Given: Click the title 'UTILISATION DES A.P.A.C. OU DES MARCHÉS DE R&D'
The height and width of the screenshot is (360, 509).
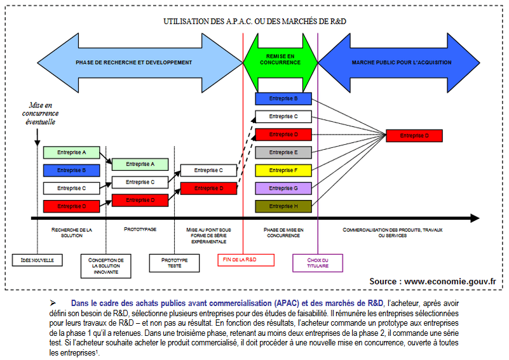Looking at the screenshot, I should (x=254, y=21).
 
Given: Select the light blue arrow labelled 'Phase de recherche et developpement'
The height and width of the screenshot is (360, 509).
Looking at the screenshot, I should (x=133, y=62).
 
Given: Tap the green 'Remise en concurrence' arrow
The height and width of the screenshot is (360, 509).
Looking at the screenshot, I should (x=280, y=60).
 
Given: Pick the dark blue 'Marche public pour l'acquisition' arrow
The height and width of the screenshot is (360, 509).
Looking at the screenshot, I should (x=402, y=62).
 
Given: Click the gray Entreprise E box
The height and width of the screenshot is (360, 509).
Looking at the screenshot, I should (x=283, y=152).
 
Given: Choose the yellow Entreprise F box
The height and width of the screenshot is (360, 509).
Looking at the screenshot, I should (x=283, y=170).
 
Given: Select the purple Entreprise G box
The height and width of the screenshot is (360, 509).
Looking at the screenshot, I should (x=283, y=188).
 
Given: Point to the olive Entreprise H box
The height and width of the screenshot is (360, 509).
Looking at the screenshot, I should (x=283, y=206).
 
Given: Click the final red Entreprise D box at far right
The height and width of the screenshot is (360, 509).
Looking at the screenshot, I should (x=414, y=135).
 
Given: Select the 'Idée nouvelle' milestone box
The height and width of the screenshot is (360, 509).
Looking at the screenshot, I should (x=37, y=260).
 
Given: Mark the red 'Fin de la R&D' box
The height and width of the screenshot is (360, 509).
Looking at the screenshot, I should (x=245, y=260).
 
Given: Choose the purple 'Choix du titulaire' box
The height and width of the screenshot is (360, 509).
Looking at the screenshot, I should (x=318, y=263).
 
